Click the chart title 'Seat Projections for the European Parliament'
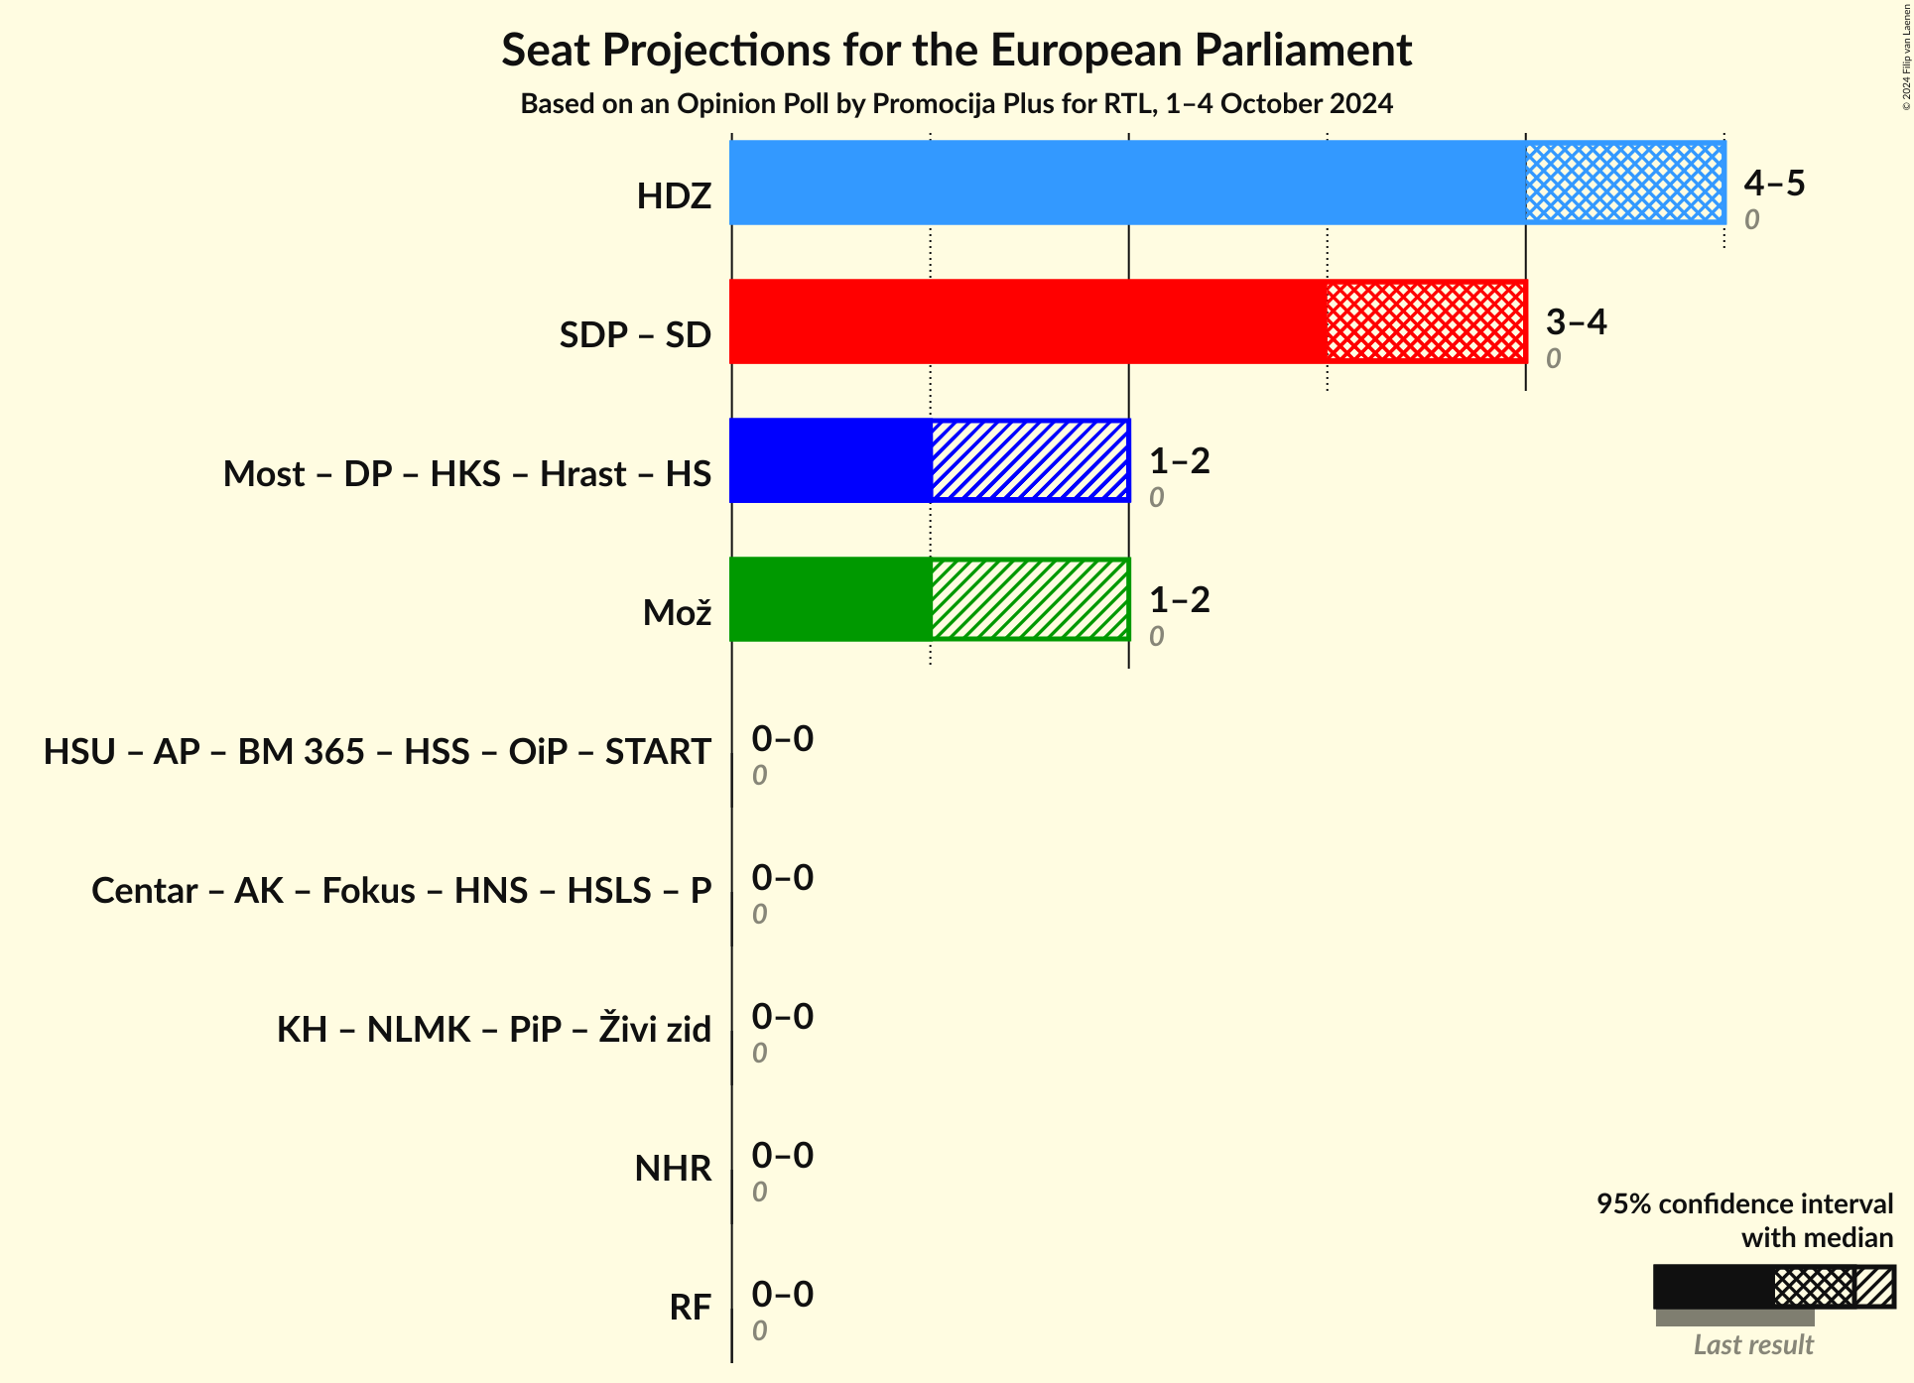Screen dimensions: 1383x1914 [x=956, y=50]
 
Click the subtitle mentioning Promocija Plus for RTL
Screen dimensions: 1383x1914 [x=956, y=104]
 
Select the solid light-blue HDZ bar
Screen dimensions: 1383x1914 [x=1127, y=183]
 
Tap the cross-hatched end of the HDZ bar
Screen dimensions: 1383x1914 [x=1624, y=183]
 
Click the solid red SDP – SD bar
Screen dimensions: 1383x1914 [x=1028, y=321]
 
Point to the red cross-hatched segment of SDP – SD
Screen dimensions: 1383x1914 [x=1426, y=321]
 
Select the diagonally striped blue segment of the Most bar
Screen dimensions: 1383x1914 [x=1030, y=460]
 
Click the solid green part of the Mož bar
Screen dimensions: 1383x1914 [x=830, y=599]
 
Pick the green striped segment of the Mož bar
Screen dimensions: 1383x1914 [x=1030, y=599]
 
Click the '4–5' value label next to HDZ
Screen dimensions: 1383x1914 [x=1774, y=183]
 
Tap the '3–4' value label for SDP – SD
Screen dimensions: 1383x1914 [x=1576, y=321]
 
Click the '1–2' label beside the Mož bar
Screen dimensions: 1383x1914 [x=1179, y=599]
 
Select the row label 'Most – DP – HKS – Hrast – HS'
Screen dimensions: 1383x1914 [x=466, y=474]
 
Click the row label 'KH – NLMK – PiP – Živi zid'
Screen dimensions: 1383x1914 [x=493, y=1030]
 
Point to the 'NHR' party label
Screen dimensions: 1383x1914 [x=673, y=1169]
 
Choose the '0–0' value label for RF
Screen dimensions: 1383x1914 [x=782, y=1294]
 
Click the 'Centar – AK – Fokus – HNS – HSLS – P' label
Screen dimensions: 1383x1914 [x=401, y=891]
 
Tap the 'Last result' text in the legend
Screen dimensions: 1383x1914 [x=1752, y=1344]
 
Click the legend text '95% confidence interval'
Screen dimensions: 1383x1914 [x=1743, y=1203]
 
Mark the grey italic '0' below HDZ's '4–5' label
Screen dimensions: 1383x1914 [x=1751, y=219]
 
